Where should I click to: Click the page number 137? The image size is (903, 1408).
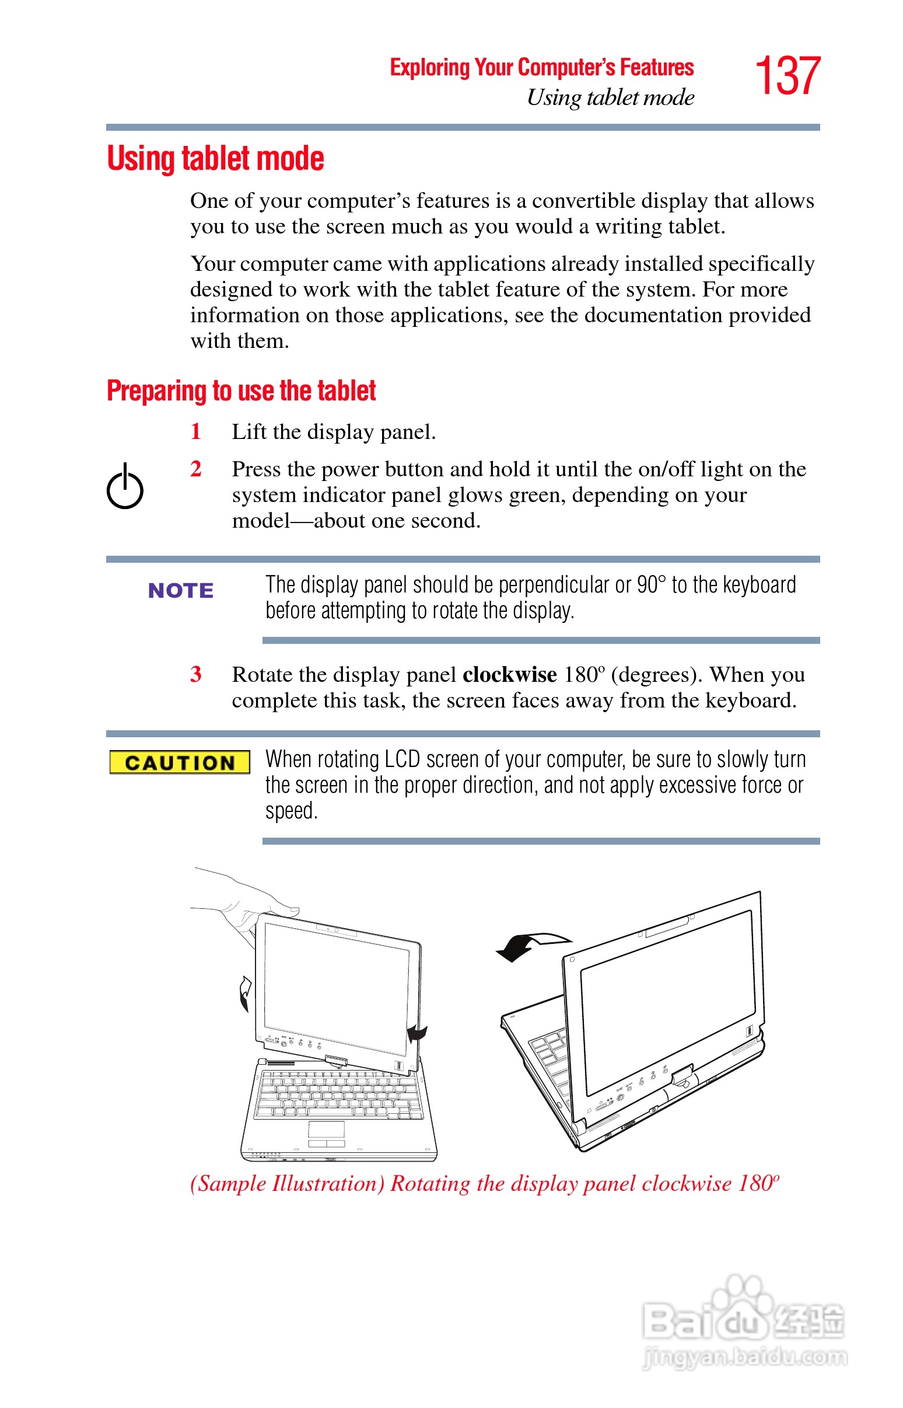[787, 76]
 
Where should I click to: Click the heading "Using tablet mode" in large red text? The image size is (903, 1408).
[215, 159]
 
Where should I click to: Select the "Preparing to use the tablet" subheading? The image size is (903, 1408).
[241, 391]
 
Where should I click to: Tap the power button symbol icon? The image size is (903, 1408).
[125, 487]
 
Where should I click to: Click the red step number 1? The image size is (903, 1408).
[196, 432]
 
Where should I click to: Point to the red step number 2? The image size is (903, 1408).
[196, 469]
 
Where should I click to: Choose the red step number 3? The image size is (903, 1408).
[196, 674]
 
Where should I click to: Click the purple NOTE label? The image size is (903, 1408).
[181, 590]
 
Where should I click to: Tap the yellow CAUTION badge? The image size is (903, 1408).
[180, 762]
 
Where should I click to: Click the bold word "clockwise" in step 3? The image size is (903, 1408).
[510, 675]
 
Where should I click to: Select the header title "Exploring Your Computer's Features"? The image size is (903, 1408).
[542, 68]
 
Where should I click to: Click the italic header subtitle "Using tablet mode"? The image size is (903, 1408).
[610, 97]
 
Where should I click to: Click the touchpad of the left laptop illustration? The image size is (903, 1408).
[326, 1129]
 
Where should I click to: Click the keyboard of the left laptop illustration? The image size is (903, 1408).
[340, 1095]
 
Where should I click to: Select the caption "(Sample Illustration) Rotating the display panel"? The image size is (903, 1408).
[484, 1183]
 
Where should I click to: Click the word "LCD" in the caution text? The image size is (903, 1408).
[402, 759]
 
